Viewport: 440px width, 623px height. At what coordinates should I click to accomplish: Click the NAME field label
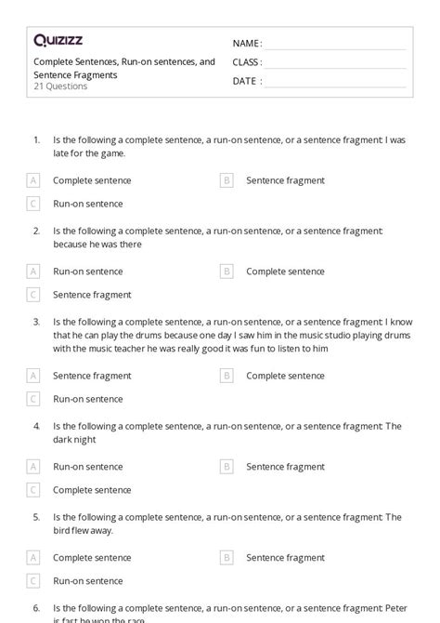coord(247,44)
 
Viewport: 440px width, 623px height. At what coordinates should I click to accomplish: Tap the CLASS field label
coord(247,62)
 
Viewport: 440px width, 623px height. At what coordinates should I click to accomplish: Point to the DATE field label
coord(246,81)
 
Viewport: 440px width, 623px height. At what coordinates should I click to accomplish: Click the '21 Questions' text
coord(60,86)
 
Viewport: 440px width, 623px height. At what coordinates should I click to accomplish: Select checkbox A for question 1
coord(33,180)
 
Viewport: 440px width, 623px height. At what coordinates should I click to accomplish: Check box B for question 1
coord(226,180)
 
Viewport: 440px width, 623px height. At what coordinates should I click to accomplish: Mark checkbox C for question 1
coord(33,204)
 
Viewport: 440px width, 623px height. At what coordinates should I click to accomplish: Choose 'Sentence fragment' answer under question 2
coord(92,295)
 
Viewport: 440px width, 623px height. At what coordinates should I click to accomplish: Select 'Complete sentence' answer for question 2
coord(285,272)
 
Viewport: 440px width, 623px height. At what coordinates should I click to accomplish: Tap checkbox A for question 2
coord(33,272)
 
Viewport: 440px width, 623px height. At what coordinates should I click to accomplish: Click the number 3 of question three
coord(36,322)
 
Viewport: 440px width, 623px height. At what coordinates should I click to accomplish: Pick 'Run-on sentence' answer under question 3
coord(87,399)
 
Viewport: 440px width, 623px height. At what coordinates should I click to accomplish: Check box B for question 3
coord(226,376)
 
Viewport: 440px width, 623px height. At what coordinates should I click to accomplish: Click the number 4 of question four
coord(36,426)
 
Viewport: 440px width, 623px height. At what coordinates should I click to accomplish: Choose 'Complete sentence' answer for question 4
coord(92,490)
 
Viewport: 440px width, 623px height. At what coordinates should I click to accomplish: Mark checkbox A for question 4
coord(33,467)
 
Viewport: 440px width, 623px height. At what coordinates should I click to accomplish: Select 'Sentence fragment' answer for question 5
coord(285,558)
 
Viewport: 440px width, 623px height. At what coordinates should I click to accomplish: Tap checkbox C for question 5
coord(33,581)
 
